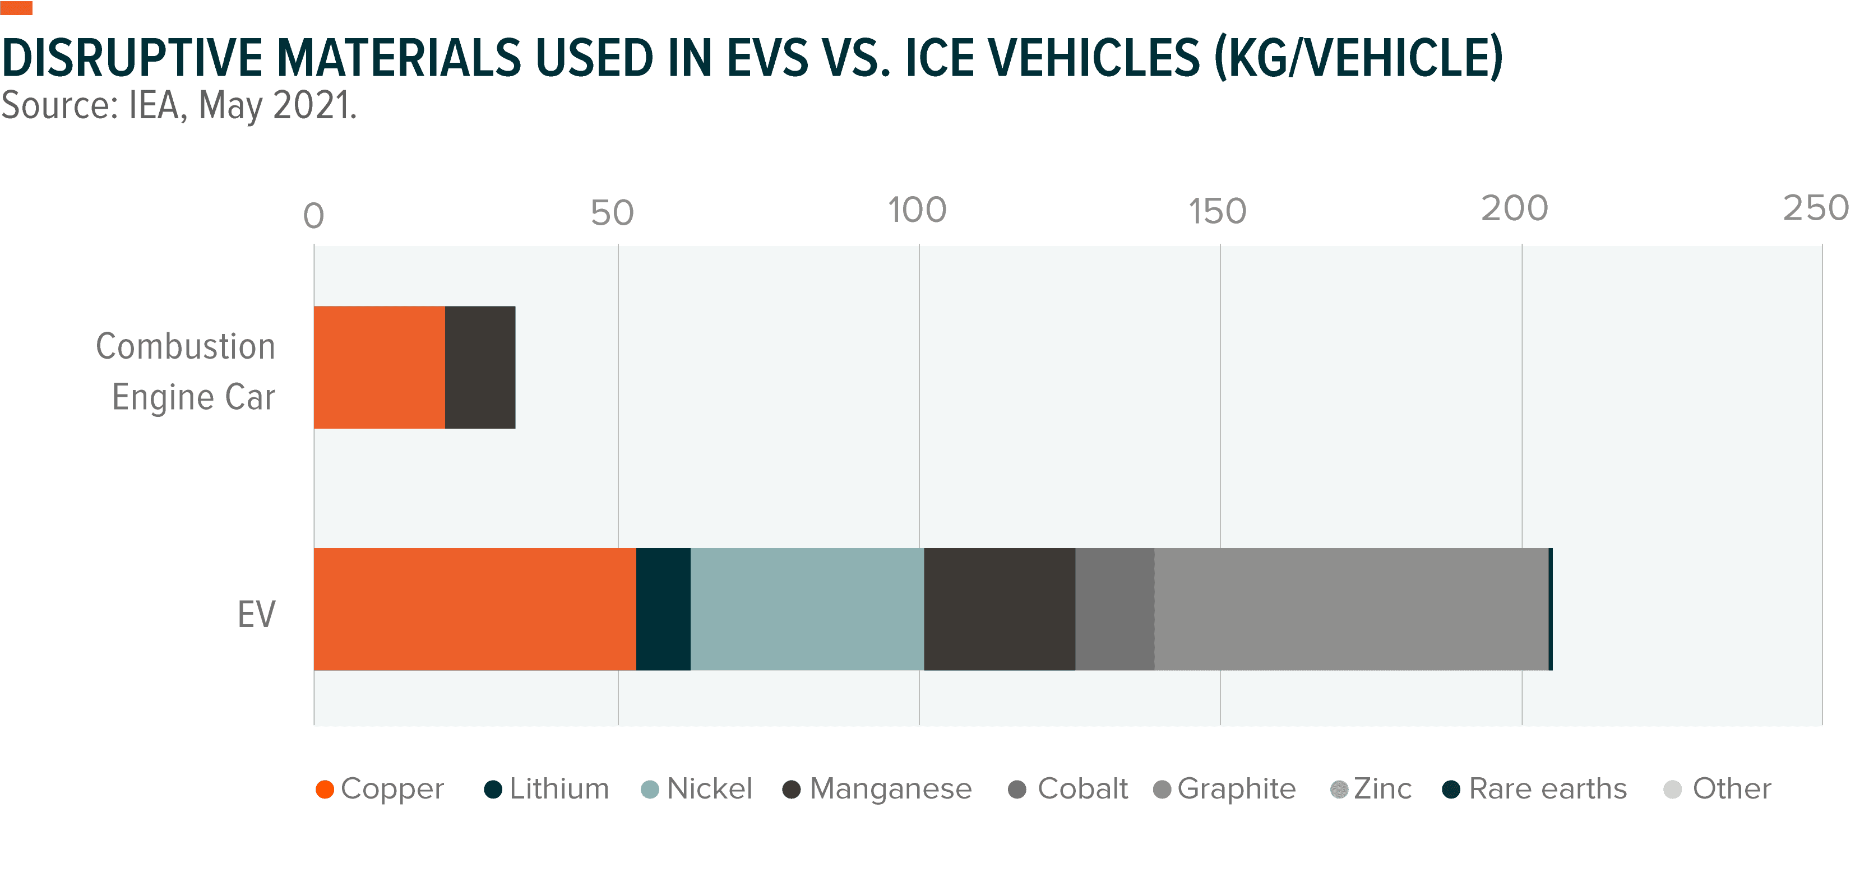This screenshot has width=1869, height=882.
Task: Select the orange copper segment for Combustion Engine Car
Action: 379,367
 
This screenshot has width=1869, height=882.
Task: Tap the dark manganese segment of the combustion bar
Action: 480,367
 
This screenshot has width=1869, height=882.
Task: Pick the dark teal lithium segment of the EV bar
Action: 663,609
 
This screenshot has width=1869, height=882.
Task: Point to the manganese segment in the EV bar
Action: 999,609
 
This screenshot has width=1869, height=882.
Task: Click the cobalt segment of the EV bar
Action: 1114,609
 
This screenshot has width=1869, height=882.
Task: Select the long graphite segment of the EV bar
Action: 1351,609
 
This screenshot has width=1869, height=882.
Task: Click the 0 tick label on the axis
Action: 313,215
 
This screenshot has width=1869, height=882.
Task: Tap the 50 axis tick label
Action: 612,212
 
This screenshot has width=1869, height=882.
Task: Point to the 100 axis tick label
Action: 917,210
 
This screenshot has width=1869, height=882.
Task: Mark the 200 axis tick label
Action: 1514,209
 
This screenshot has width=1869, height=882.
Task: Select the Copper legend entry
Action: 380,788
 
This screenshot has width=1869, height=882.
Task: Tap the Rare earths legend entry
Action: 1535,788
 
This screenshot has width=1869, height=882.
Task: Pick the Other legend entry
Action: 1718,788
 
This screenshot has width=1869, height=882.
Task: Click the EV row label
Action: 257,614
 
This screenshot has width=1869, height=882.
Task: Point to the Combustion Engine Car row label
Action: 187,372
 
